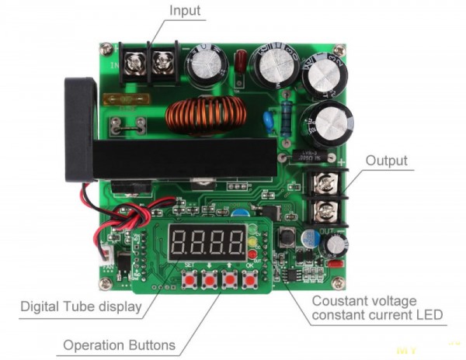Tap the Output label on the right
[387, 161]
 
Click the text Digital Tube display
[81, 306]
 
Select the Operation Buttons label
[119, 344]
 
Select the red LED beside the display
[252, 252]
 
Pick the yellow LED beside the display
[252, 241]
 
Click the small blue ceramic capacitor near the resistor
[270, 120]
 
